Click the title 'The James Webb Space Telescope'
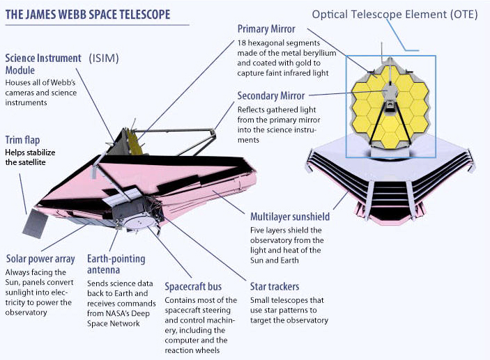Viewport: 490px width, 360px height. tap(88, 15)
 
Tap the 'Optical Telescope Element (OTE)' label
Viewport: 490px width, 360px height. tap(395, 15)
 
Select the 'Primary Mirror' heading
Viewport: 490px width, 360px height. tap(266, 29)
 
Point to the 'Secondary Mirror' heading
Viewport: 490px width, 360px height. tap(271, 96)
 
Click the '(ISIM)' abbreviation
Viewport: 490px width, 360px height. tap(104, 58)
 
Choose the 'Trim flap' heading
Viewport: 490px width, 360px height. tap(22, 140)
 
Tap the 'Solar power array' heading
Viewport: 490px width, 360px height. tap(40, 259)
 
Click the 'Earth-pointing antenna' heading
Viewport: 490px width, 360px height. tap(116, 264)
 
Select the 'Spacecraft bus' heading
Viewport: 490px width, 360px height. tap(193, 287)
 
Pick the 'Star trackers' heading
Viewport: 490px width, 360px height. tap(275, 287)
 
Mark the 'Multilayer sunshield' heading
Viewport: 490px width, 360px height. tap(290, 217)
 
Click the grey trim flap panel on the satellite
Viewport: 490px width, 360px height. tap(35, 224)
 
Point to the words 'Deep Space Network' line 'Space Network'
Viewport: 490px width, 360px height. tap(114, 324)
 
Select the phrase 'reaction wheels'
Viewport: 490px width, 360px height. tap(192, 350)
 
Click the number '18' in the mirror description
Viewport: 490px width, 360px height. tap(242, 43)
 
